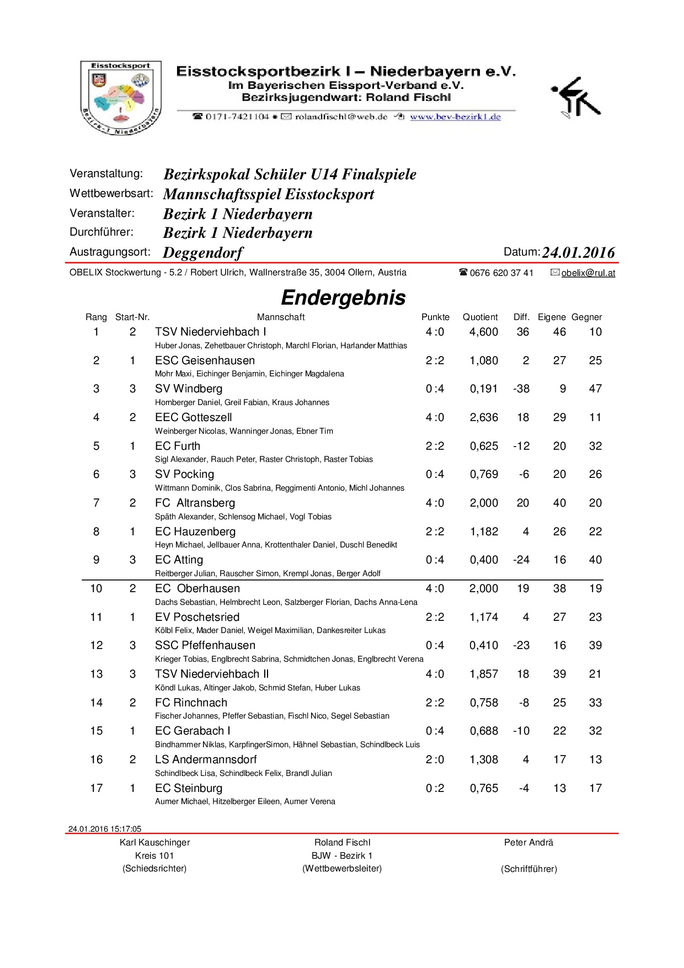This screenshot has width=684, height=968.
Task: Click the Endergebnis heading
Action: coord(343,297)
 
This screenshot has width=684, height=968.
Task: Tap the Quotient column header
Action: coord(480,317)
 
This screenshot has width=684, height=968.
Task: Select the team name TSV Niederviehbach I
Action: coord(210,332)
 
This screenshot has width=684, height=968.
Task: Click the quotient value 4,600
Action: coord(483,332)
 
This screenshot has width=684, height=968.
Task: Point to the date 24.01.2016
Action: coord(578,252)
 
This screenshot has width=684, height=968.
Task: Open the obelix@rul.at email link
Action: coord(588,273)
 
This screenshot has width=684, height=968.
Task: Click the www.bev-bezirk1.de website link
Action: coord(455,116)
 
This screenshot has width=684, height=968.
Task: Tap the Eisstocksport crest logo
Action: coord(121,98)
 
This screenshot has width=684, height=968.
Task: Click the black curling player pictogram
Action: coord(575,97)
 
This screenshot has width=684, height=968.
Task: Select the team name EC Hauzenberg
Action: coord(195,531)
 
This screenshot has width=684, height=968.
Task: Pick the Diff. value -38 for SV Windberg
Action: coord(521,389)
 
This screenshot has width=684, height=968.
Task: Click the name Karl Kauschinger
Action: coord(154,842)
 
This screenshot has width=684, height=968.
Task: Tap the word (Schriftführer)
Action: coord(528,869)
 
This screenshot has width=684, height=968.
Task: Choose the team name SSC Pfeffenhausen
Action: coord(205,645)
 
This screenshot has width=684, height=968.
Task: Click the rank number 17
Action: coord(96,788)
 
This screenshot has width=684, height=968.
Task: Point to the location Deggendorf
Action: coord(203,253)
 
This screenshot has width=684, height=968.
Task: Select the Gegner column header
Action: coord(586,317)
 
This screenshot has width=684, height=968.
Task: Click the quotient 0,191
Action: coord(483,389)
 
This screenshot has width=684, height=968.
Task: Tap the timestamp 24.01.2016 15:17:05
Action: coord(105,828)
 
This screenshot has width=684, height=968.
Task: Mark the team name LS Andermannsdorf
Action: coord(206,759)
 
